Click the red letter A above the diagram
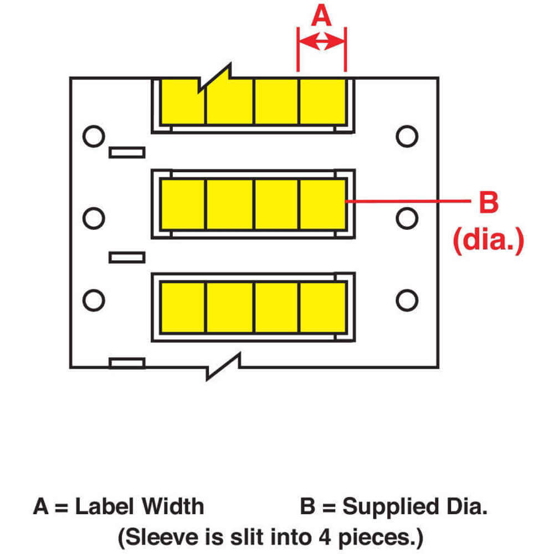click(x=321, y=16)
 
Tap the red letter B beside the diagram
click(x=488, y=203)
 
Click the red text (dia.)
click(x=488, y=242)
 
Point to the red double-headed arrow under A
click(x=322, y=41)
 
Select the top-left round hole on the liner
click(x=93, y=136)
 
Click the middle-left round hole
click(x=94, y=218)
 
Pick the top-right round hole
click(x=407, y=136)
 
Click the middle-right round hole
click(x=407, y=218)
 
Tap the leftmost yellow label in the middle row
click(x=183, y=204)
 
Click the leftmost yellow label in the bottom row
click(x=183, y=306)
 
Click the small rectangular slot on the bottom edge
click(x=127, y=363)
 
